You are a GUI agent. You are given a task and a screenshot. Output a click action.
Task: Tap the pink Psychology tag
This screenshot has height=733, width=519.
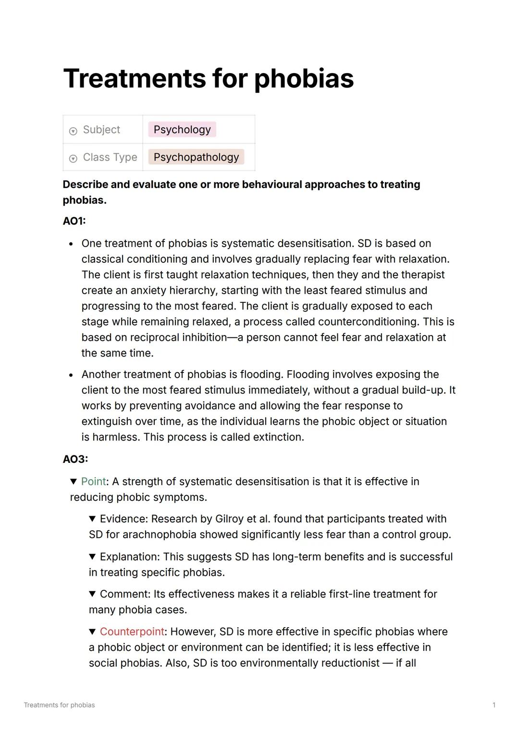(182, 129)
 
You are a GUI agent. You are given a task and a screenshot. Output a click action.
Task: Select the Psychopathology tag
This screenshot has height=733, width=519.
(196, 157)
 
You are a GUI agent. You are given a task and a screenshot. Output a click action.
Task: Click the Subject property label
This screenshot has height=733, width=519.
(101, 130)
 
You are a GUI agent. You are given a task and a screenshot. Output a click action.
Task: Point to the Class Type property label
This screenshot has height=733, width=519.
(110, 157)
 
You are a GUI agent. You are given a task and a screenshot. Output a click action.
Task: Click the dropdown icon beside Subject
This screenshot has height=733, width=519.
(73, 131)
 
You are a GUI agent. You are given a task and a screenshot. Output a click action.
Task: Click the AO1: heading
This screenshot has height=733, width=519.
(74, 221)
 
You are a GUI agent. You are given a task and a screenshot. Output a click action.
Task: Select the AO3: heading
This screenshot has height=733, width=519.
(75, 459)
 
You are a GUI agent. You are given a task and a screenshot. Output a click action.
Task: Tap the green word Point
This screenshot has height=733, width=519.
(93, 482)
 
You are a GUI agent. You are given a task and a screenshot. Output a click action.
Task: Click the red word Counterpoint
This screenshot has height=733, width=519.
(132, 632)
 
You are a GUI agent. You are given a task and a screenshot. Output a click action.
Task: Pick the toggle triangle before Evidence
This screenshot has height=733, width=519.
(93, 519)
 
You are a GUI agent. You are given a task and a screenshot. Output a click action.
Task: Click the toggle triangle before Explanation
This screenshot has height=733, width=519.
(93, 557)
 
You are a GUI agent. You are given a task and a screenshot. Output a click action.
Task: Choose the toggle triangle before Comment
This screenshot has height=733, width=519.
(93, 594)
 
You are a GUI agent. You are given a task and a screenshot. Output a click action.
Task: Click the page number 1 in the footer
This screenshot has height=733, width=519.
(494, 705)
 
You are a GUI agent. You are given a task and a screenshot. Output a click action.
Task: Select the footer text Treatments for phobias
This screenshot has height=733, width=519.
(59, 705)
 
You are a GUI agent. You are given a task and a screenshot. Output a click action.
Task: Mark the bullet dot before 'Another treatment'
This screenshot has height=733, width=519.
(71, 375)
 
